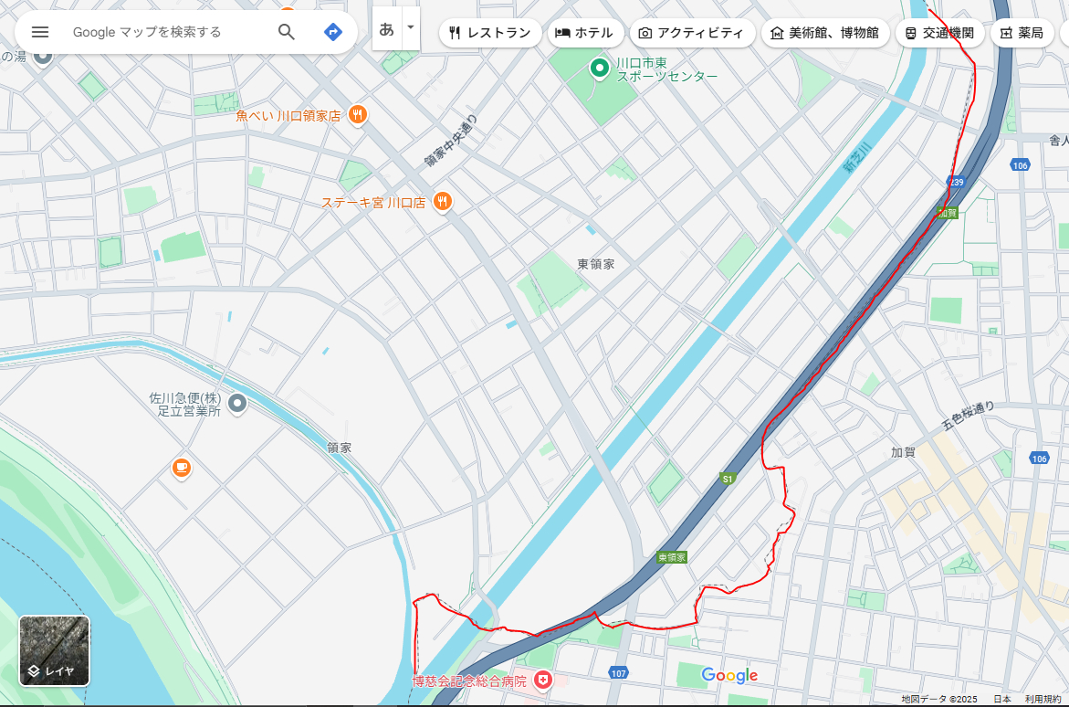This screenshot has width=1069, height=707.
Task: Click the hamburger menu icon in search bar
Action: point(40,32)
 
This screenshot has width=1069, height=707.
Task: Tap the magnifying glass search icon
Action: point(287,32)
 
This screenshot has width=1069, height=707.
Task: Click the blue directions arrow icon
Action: point(333,32)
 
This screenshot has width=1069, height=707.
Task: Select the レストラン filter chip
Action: point(489,33)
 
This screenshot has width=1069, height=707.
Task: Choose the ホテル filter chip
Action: point(585,33)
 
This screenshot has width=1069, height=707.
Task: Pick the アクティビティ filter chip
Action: point(692,33)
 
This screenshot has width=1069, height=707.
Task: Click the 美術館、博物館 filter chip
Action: point(825,33)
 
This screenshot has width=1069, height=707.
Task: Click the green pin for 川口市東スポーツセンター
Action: point(599,67)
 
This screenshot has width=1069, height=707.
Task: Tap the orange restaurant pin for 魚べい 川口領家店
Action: point(357,115)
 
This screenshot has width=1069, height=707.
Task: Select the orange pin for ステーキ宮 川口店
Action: point(442,202)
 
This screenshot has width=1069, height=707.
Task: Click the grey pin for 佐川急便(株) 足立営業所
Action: point(237,403)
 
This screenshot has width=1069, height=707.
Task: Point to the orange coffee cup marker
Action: point(182,469)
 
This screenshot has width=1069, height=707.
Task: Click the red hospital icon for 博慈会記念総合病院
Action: point(543,681)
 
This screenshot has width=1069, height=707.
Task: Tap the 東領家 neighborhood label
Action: point(596,264)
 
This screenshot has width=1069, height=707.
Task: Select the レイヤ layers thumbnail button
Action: point(55,650)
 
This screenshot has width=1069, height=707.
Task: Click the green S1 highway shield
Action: point(727,479)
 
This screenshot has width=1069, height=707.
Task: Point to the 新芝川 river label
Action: point(858,157)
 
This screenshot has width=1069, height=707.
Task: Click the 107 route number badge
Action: point(619,673)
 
